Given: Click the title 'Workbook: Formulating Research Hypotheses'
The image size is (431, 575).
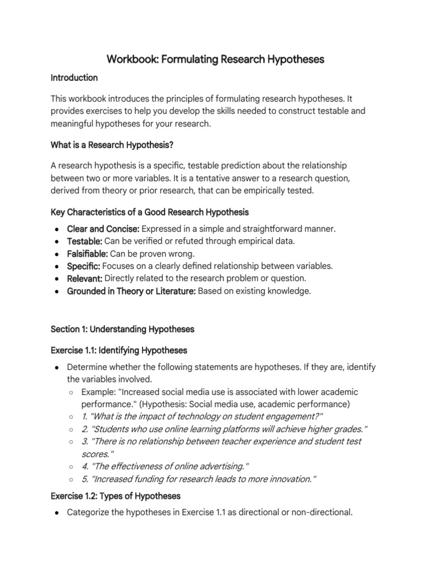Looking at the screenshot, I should point(215,59).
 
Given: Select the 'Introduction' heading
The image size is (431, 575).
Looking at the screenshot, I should point(74,77).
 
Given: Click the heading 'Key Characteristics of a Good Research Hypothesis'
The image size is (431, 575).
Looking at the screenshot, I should point(149,212).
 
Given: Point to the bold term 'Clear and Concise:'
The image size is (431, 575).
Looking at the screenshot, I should point(103,229).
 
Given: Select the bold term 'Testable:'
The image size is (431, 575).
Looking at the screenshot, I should point(84,241).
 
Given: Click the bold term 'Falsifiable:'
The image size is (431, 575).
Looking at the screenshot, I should point(88,254).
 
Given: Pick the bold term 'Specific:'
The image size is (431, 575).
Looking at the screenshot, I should point(84,266).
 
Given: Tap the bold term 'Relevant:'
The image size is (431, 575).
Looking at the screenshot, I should point(85,279).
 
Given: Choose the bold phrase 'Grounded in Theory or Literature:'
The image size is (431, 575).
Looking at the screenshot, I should point(131,291).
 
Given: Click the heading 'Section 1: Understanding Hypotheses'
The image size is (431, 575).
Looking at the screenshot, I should point(122,328).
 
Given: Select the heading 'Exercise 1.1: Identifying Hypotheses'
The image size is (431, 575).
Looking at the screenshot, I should point(119,350).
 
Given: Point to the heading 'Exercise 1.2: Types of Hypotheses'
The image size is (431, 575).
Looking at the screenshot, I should point(115,496).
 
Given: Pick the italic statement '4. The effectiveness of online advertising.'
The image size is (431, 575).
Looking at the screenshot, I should point(165,466).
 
